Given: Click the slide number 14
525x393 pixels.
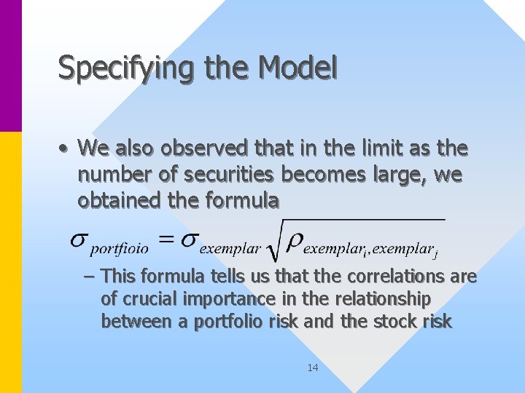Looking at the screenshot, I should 312,368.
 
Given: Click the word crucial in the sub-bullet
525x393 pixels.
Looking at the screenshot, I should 149,299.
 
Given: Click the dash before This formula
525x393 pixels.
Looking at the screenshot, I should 89,277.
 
